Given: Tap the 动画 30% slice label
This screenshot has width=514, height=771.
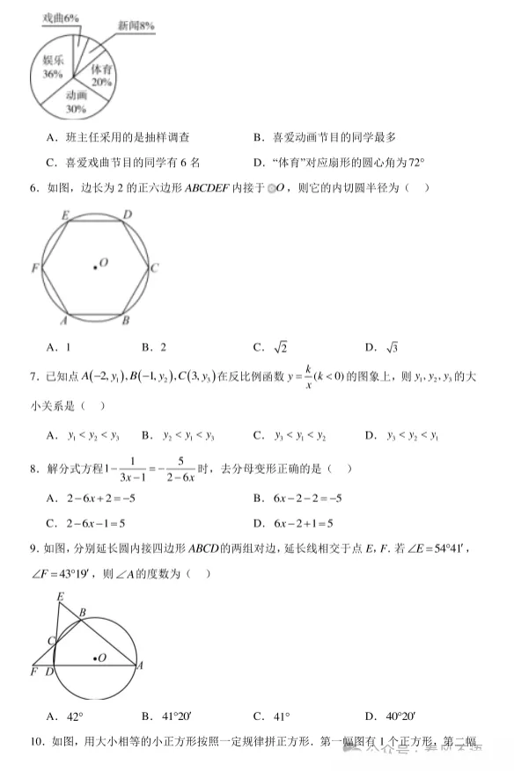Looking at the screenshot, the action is (77, 102).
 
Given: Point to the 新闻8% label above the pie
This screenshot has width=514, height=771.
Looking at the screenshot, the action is (136, 26).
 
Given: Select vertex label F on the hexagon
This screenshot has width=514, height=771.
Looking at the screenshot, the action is (35, 267).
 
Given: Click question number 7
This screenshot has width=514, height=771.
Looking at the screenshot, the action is (33, 376).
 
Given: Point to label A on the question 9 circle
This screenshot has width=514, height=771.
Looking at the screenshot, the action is (139, 666).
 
